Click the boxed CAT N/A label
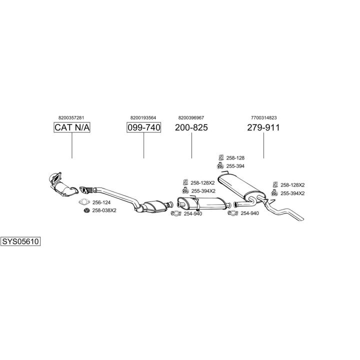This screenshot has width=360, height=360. [72, 127]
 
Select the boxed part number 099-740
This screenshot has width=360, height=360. [143, 127]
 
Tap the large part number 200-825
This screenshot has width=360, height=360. [191, 127]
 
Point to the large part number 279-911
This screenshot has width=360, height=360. [263, 127]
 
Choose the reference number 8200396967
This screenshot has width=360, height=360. [191, 117]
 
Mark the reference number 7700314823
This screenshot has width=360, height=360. [263, 117]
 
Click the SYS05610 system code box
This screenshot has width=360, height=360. [20, 241]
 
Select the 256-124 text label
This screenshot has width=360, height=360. [101, 202]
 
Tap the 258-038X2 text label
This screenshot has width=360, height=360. [104, 210]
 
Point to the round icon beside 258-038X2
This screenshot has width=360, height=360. [85, 210]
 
